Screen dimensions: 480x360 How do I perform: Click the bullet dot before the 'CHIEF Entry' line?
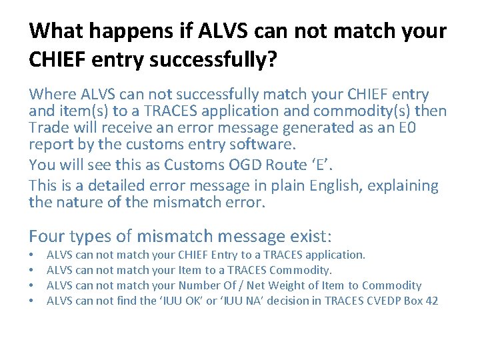tap(32, 255)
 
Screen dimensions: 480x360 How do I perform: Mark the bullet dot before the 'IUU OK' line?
tap(32, 301)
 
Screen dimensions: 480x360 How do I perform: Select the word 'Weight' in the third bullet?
tap(321, 285)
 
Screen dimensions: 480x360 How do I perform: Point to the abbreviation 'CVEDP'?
tap(383, 301)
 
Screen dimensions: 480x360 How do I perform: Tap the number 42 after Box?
tap(431, 301)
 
